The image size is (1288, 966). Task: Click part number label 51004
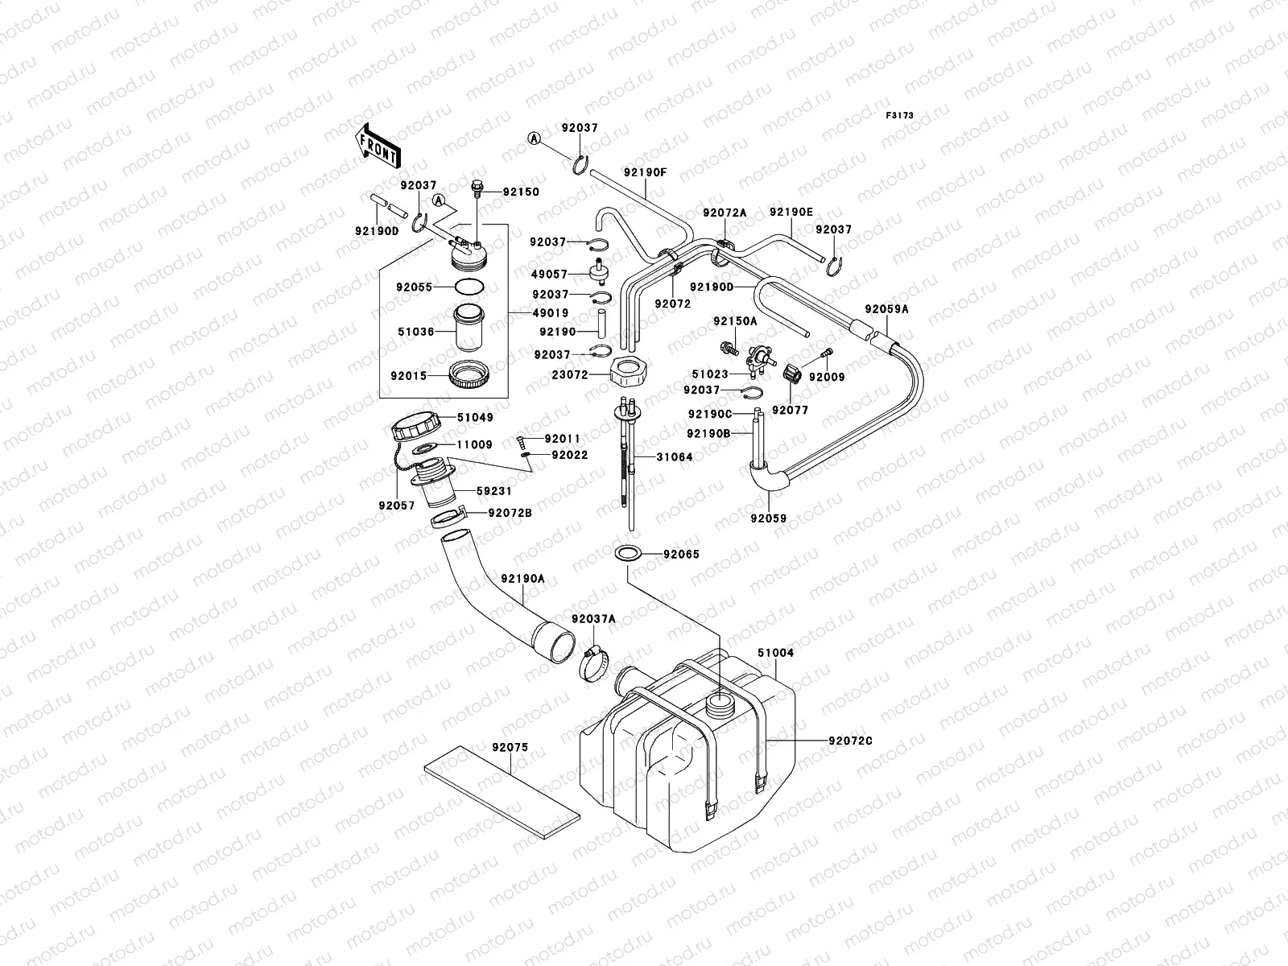click(775, 653)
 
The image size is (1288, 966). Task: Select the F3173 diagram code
click(900, 116)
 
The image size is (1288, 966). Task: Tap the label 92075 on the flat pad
click(510, 747)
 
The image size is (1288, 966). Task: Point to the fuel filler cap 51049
click(412, 423)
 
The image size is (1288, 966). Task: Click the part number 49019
click(551, 313)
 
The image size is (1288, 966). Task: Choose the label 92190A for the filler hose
click(522, 578)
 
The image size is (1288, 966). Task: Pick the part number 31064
click(674, 457)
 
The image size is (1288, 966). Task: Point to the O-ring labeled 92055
click(469, 286)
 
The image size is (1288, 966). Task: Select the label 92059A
click(887, 308)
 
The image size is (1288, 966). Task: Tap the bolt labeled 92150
click(476, 188)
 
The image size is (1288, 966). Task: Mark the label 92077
click(790, 410)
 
